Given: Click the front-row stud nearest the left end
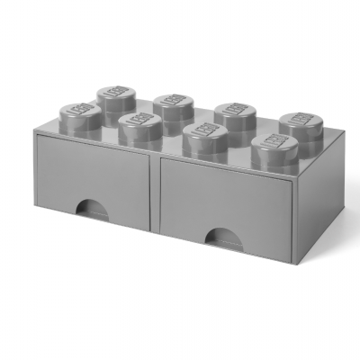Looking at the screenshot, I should tap(82, 113).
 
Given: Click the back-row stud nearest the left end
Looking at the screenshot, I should tap(114, 94).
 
